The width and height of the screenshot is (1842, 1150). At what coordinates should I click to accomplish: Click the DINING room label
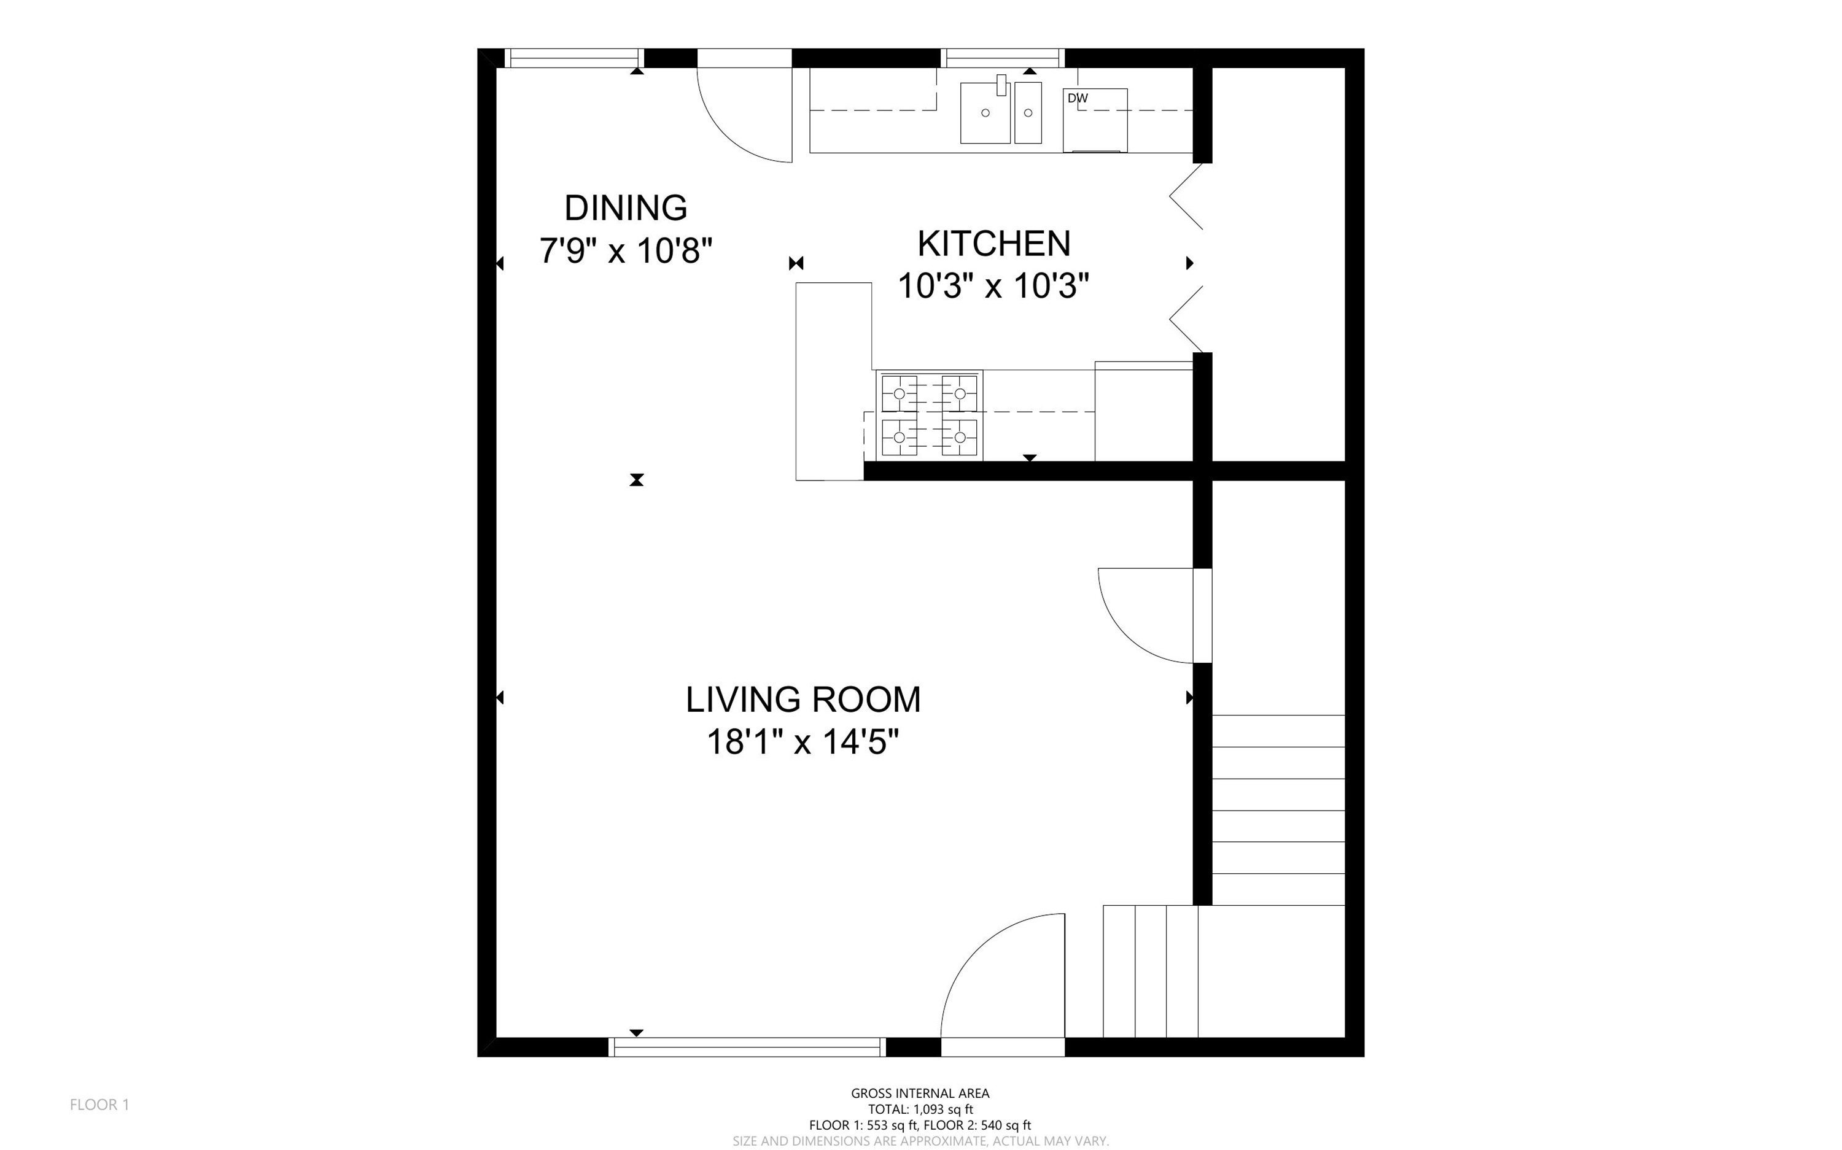[x=626, y=207]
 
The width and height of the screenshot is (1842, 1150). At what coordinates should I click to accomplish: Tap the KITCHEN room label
[x=993, y=244]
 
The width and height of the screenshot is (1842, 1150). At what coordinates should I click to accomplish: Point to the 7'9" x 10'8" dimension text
[x=626, y=250]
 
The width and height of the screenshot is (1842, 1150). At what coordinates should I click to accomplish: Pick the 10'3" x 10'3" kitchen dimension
[x=993, y=286]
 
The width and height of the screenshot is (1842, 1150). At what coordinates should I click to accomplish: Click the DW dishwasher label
[x=1078, y=98]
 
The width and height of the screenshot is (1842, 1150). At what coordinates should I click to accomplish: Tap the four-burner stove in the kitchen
[x=929, y=415]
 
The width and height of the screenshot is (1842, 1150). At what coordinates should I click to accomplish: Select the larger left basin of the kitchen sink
[x=985, y=114]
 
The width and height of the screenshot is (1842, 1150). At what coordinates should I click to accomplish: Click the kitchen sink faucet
[x=1001, y=85]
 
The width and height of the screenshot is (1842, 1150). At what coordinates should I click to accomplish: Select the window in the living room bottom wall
[x=747, y=1048]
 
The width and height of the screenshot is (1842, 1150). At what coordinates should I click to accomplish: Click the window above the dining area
[x=575, y=58]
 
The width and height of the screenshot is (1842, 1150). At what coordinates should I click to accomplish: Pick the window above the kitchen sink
[x=1003, y=58]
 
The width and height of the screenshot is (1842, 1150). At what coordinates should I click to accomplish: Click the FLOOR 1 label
[x=99, y=1105]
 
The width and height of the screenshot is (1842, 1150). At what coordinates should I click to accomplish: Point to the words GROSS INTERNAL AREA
[x=920, y=1093]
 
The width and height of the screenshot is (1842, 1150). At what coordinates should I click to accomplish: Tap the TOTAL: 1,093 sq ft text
[x=920, y=1109]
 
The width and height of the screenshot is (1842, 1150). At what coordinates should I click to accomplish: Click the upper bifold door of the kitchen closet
[x=1186, y=196]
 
